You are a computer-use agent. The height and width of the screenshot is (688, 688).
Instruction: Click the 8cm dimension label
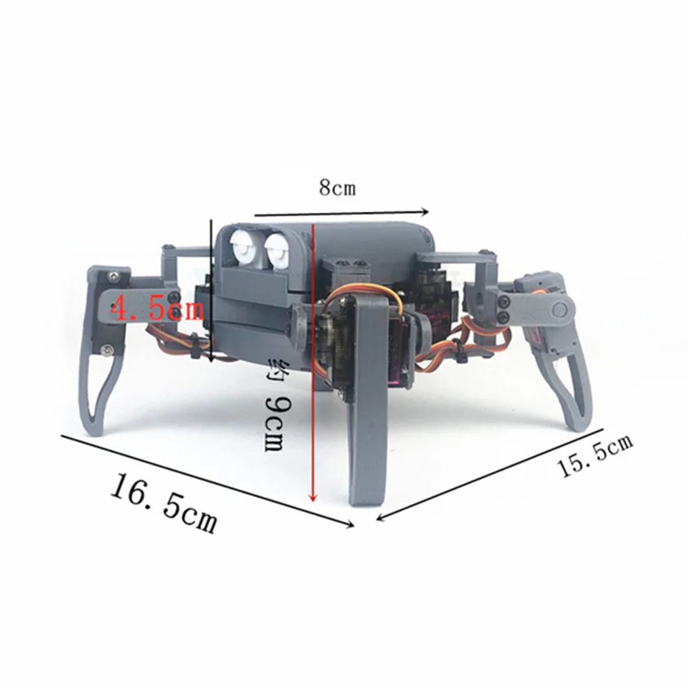[337, 188]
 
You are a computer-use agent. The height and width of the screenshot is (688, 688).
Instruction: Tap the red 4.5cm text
[156, 308]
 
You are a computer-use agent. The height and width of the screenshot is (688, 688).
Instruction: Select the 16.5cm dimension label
[164, 502]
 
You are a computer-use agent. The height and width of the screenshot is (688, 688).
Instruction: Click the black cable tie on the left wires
[195, 348]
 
